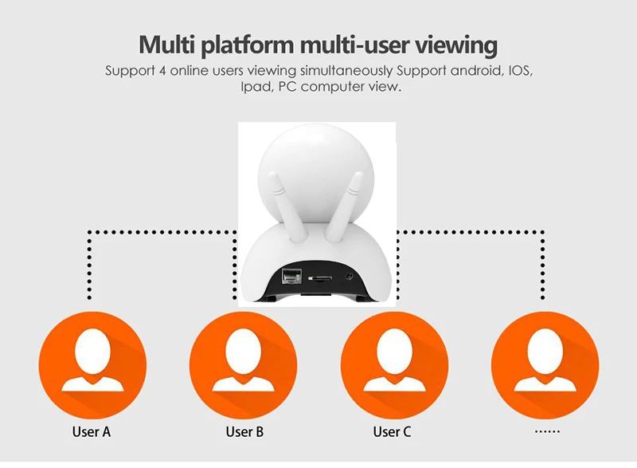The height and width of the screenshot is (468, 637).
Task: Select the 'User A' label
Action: [x=92, y=432]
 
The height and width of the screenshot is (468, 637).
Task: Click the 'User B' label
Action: [x=244, y=432]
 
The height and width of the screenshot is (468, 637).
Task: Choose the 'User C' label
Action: [x=392, y=432]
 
